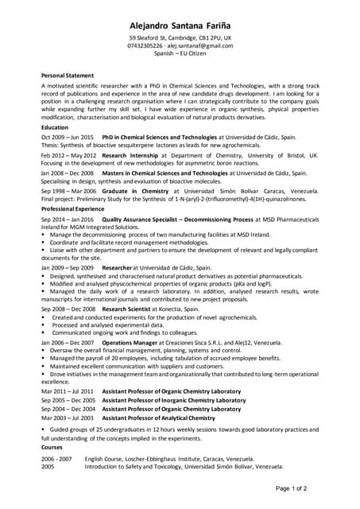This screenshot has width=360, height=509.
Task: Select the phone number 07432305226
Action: [x=148, y=46]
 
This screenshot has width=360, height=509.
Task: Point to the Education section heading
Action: [x=55, y=127]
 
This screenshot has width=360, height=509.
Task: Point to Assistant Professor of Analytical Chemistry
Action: [x=159, y=418]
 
